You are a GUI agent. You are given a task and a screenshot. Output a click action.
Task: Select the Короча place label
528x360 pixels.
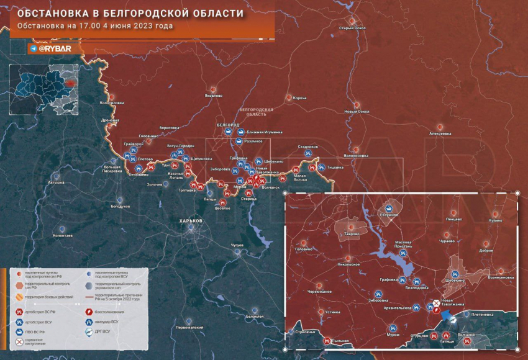pyautogui.click(x=300, y=98)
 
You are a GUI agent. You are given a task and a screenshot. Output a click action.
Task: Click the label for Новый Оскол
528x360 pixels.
pyautogui.click(x=357, y=112)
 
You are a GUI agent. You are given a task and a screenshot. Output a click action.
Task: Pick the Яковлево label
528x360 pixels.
pyautogui.click(x=213, y=96)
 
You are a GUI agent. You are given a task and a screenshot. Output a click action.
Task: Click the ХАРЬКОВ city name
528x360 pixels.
pyautogui.click(x=191, y=221)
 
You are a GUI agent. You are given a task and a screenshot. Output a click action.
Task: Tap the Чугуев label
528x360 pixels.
pyautogui.click(x=237, y=246)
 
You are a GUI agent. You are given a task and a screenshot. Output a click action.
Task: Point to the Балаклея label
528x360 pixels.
pyautogui.click(x=255, y=317)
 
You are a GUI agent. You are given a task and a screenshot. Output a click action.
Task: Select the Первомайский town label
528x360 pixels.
pyautogui.click(x=189, y=327)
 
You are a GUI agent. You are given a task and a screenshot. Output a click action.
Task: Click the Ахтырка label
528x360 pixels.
pyautogui.click(x=56, y=182)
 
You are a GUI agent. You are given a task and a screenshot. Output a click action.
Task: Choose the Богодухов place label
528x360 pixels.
pyautogui.click(x=121, y=205)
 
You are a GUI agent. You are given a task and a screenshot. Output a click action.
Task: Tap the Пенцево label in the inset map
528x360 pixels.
pyautogui.click(x=453, y=219)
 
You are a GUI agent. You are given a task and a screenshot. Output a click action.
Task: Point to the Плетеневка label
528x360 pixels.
pyautogui.click(x=483, y=314)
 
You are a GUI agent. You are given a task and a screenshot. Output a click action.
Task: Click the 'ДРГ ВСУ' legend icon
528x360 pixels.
pyautogui.click(x=89, y=331)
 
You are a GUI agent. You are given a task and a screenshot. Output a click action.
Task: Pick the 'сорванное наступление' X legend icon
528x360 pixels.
pyautogui.click(x=20, y=343)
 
